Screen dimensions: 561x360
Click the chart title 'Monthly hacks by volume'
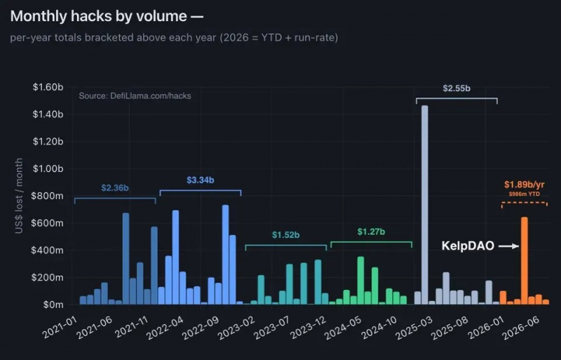(99, 16)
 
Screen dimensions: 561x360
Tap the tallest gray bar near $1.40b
(425, 205)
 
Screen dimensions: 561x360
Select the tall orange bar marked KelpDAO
(524, 261)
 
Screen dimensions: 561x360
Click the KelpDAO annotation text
(468, 246)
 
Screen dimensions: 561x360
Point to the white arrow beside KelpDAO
(509, 246)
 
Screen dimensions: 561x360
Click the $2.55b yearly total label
(457, 88)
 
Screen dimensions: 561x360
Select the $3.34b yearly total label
(201, 180)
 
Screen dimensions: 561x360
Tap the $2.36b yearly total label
(115, 187)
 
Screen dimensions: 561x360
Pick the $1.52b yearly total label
(286, 234)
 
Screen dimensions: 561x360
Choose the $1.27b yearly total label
(372, 232)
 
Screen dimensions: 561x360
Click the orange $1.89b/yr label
(524, 185)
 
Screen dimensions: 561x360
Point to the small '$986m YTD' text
(524, 194)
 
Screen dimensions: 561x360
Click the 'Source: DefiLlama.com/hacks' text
(135, 96)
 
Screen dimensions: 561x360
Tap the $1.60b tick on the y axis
(48, 87)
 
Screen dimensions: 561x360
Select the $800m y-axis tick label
(47, 196)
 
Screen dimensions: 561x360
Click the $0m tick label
(53, 305)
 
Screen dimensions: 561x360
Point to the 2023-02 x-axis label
(236, 328)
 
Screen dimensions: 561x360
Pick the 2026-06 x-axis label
(521, 328)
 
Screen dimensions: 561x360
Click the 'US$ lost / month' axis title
(19, 196)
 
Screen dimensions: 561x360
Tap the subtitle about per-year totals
(174, 38)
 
